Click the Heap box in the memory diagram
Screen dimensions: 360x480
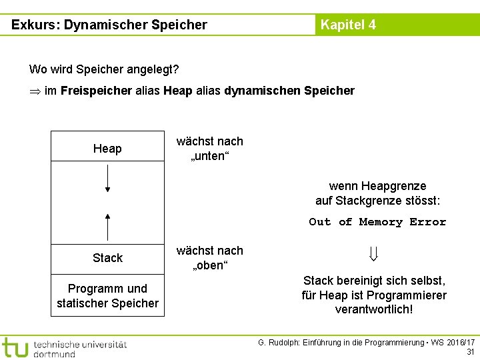click(x=107, y=148)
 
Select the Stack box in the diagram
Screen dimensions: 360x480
click(x=107, y=257)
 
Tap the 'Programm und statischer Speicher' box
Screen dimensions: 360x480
click(x=107, y=296)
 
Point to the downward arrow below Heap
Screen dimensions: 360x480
click(x=107, y=178)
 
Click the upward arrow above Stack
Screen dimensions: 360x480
click(x=107, y=227)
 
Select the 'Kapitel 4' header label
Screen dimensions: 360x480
click(x=348, y=25)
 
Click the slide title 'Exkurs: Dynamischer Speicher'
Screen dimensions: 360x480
click(x=109, y=25)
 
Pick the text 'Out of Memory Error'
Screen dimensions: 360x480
click(x=377, y=222)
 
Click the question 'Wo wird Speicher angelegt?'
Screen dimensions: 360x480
click(x=104, y=69)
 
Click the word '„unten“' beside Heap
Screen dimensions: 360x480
click(x=210, y=157)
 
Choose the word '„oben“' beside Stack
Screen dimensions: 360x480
click(x=210, y=266)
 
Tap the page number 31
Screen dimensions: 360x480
click(x=471, y=351)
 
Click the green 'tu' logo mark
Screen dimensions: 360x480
click(x=15, y=347)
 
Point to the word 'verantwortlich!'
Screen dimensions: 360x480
click(x=374, y=309)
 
